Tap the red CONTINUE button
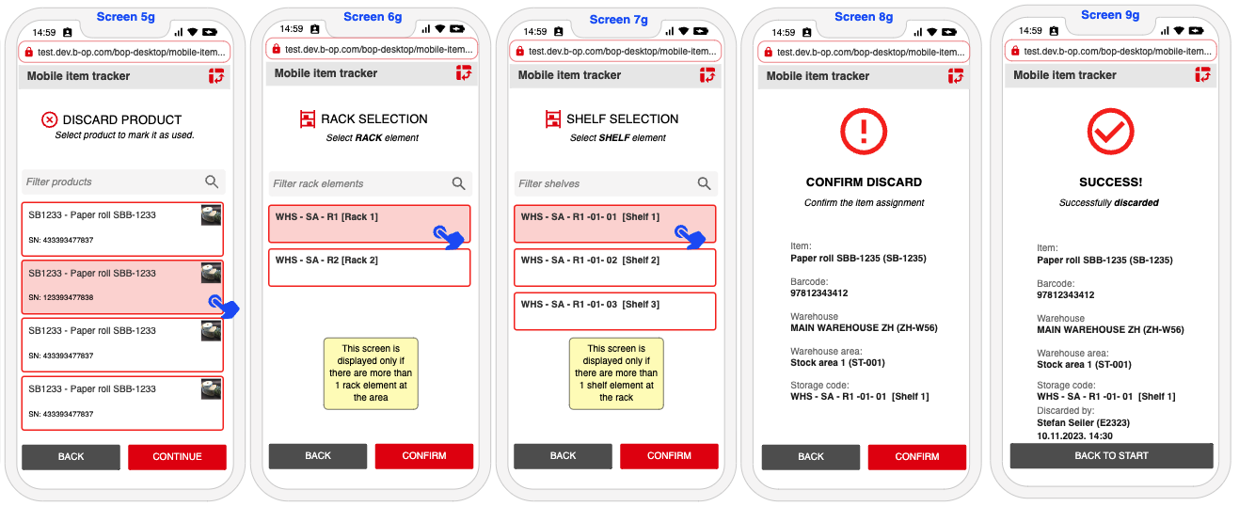coord(177,457)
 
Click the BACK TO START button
coord(1111,455)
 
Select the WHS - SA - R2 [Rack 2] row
coord(370,268)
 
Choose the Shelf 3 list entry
coord(614,311)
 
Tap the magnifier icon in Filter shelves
coord(704,183)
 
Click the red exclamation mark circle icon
coord(864,132)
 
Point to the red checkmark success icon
coord(1110,132)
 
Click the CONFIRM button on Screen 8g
coord(916,457)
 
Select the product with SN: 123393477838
coord(122,287)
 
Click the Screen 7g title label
coord(618,20)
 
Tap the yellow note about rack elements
coord(371,373)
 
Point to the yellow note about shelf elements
coord(616,373)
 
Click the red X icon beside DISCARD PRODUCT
coord(49,119)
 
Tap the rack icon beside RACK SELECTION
coord(308,119)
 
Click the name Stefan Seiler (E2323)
coord(1083,423)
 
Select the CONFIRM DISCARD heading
coord(864,182)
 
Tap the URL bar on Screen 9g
coord(1111,51)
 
